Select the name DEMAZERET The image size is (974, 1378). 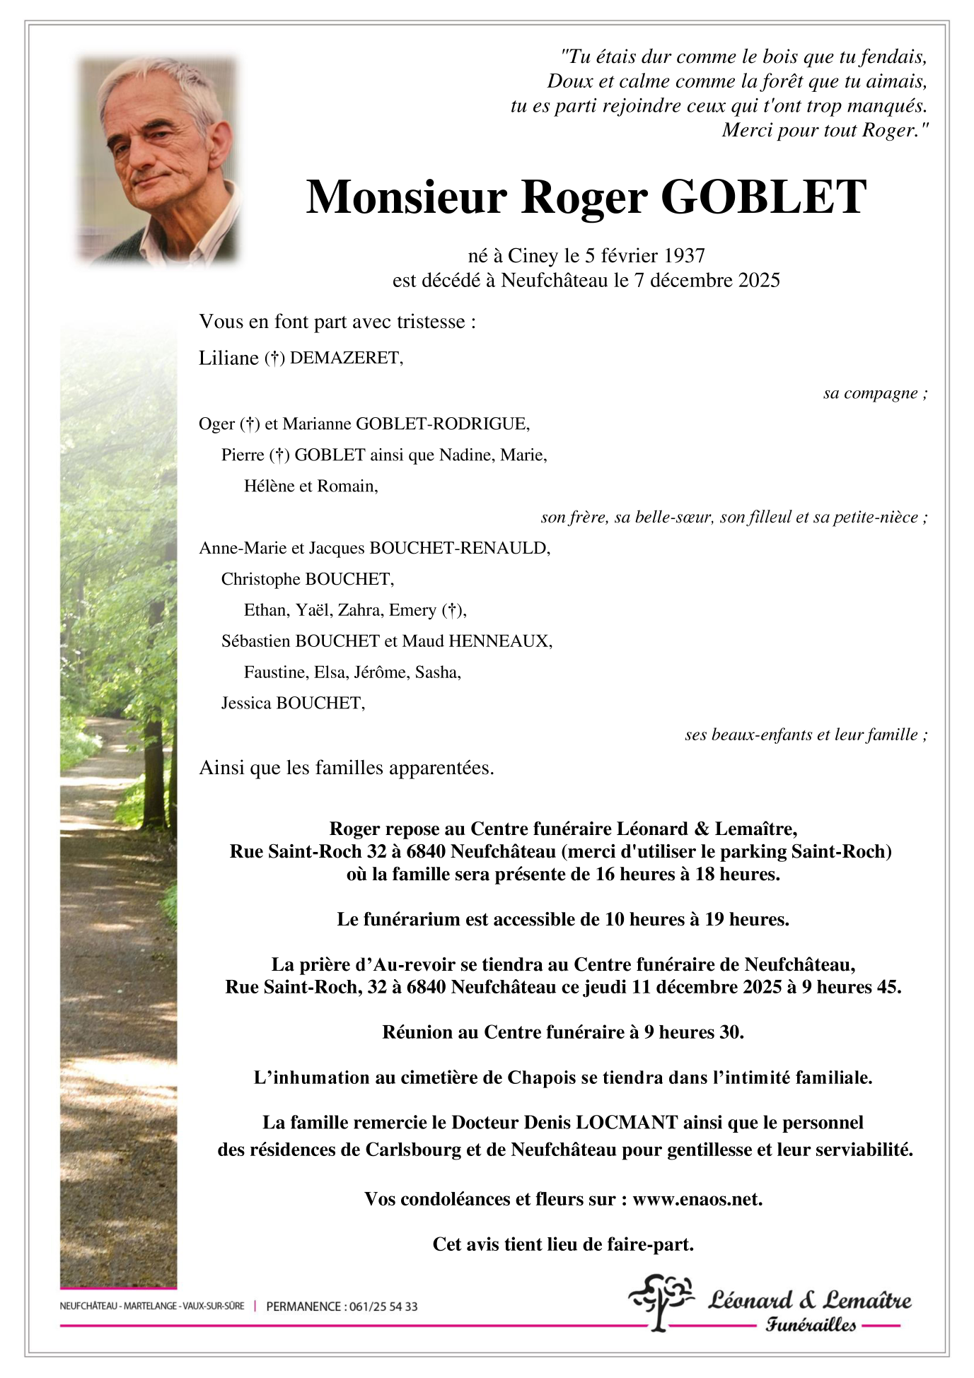(346, 358)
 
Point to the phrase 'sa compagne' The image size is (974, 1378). (871, 393)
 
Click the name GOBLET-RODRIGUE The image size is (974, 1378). (442, 424)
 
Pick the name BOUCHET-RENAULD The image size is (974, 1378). (460, 548)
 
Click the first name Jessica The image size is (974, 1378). (246, 703)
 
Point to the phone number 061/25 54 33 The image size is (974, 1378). (383, 1307)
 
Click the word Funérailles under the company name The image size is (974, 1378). (811, 1325)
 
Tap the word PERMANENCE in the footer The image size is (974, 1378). (303, 1307)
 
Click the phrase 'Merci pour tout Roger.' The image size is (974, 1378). (824, 131)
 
